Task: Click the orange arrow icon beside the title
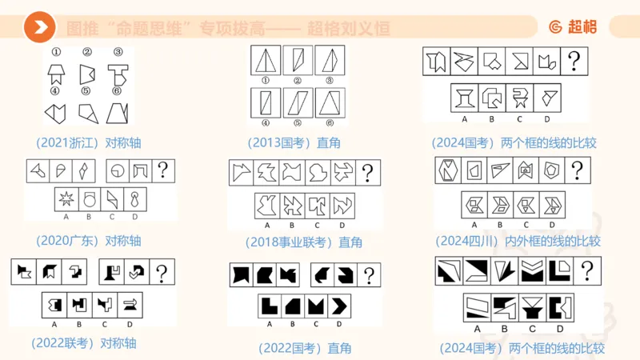coord(39,28)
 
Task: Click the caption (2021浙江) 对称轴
coord(88,143)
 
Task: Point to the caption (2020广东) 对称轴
coord(88,240)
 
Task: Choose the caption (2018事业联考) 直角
coord(305,242)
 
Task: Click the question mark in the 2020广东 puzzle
coord(164,170)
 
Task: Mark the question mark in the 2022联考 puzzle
coord(163,272)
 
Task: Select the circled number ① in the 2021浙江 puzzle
coord(58,54)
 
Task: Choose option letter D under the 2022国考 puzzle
coord(339,324)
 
